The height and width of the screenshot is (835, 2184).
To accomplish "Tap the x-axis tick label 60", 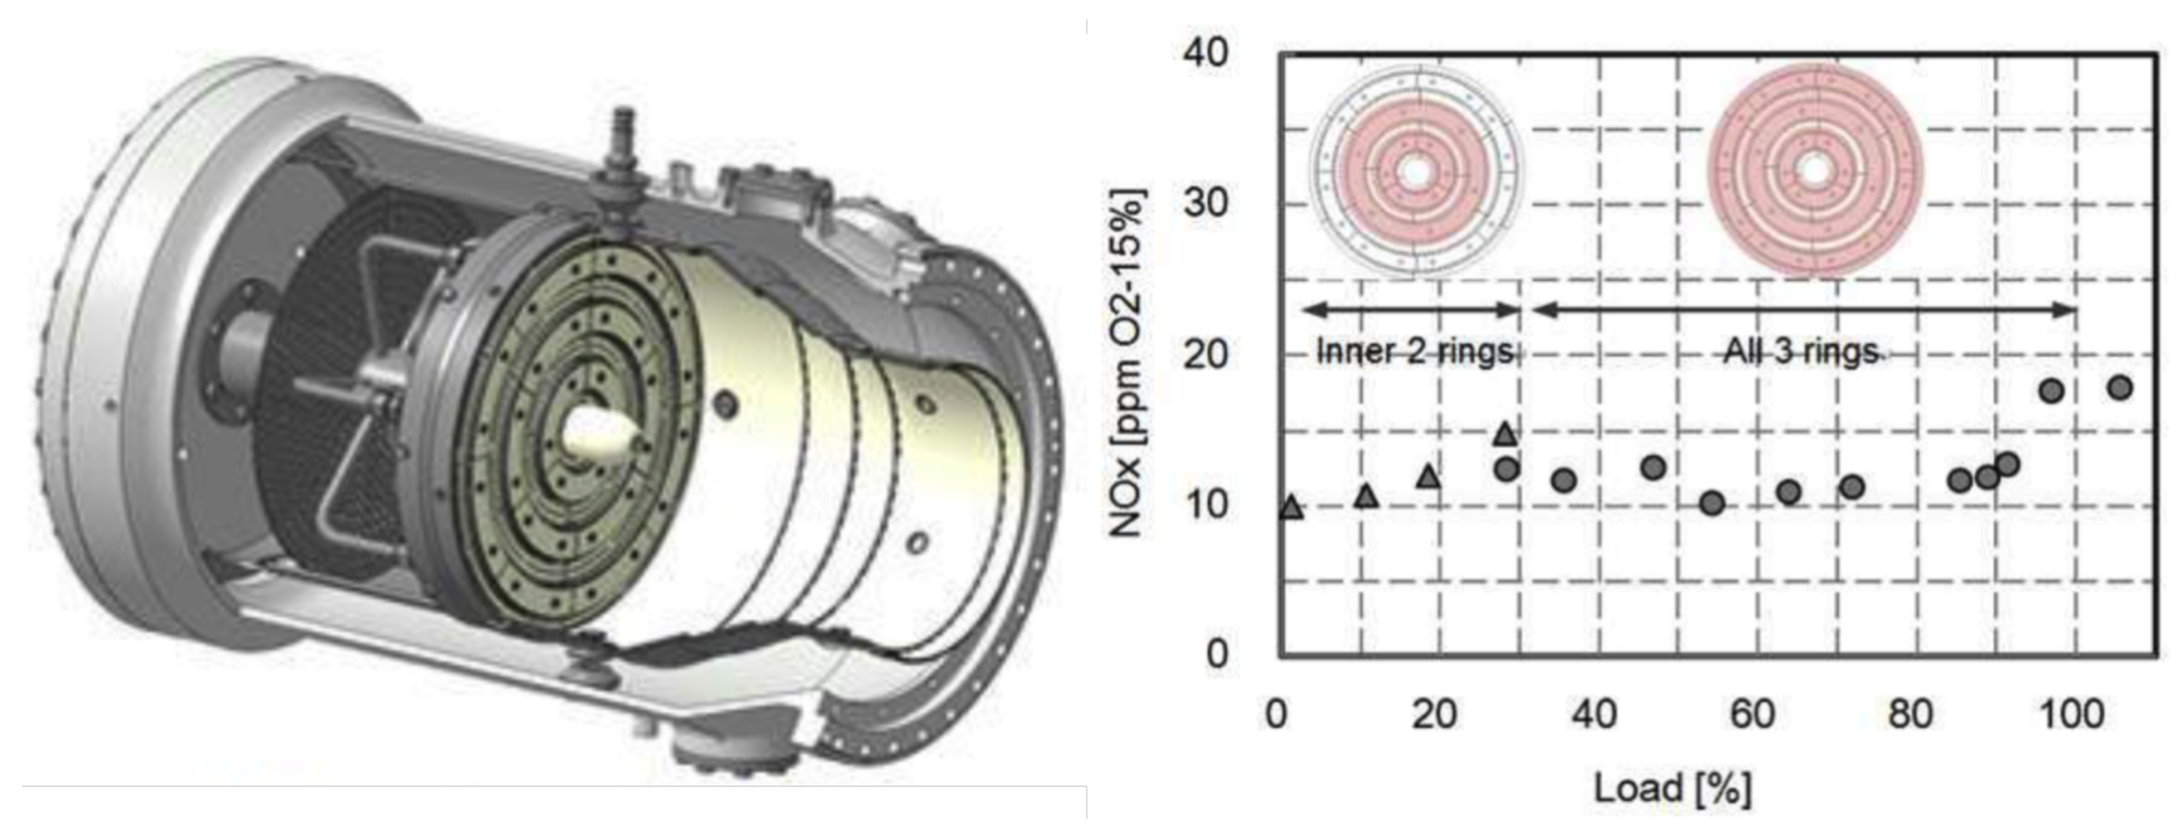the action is [x=1752, y=714].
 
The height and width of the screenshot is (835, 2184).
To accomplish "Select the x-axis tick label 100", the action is [x=2072, y=714].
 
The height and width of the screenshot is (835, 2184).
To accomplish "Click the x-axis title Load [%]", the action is [x=1673, y=789].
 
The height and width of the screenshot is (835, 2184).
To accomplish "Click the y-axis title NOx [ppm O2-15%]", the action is [x=1127, y=363].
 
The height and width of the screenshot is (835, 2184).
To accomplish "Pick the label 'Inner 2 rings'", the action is [x=1414, y=350].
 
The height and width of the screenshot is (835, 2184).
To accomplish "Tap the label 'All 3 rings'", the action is [x=1801, y=350].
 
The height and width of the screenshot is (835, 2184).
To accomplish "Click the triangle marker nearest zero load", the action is [x=1291, y=507].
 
